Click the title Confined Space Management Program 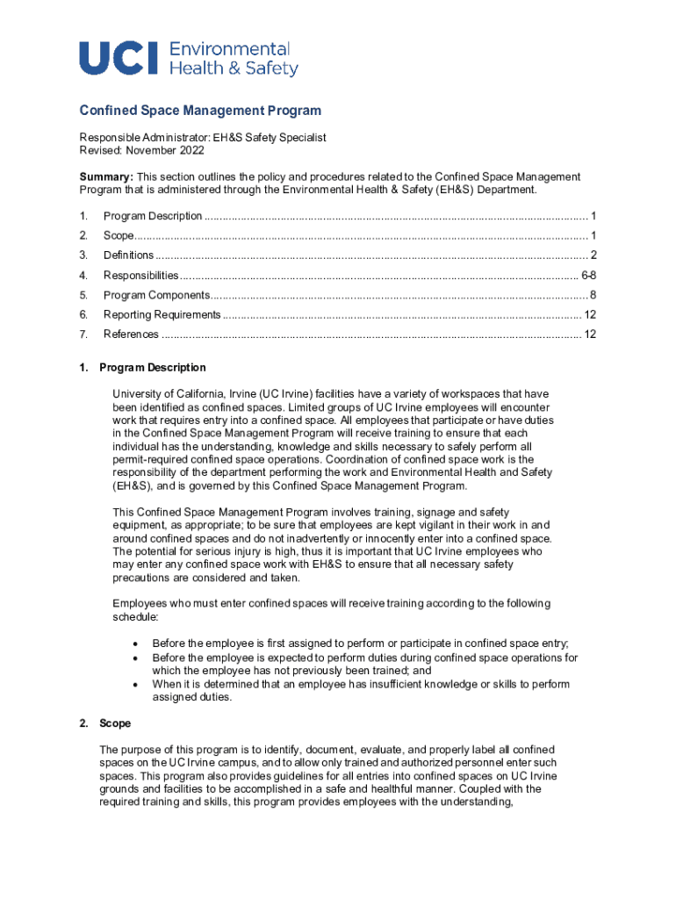200,111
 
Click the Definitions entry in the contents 128,255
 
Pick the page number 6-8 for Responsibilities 589,275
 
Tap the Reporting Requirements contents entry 162,314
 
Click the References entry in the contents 131,334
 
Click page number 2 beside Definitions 593,255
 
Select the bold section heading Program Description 153,368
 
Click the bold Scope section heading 115,723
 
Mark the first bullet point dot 134,644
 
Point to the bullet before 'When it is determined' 134,684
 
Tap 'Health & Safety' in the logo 233,68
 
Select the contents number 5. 83,295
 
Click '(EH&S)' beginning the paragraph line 133,485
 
